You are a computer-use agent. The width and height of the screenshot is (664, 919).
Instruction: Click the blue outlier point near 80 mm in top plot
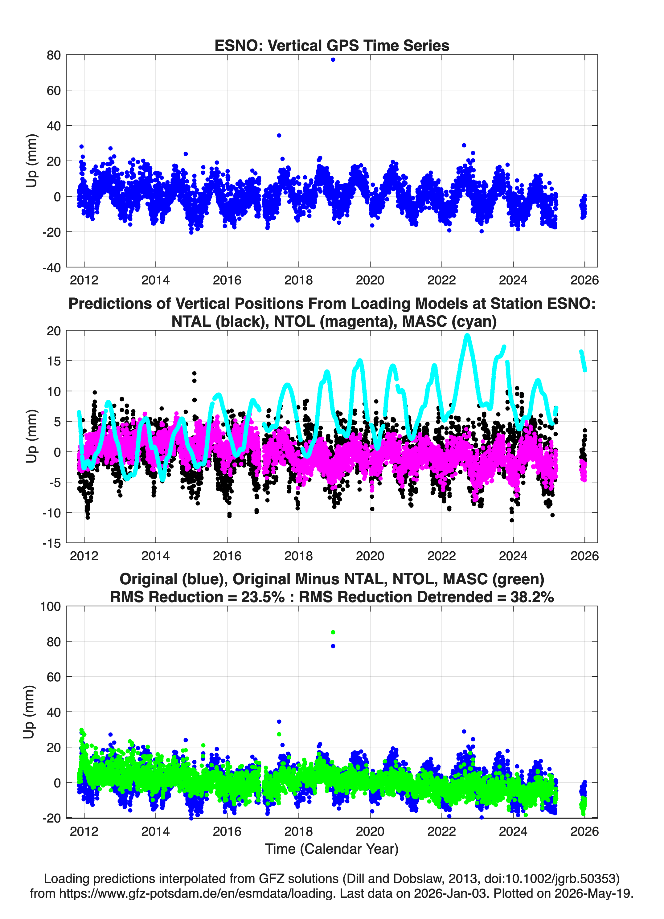(x=333, y=59)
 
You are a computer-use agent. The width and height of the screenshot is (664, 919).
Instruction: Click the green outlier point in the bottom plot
(x=333, y=632)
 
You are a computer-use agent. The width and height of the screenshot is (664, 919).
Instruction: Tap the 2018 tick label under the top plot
(x=298, y=280)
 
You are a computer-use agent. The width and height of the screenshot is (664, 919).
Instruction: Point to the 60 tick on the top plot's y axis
(x=54, y=90)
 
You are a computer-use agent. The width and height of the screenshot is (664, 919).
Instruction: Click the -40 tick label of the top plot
(x=51, y=268)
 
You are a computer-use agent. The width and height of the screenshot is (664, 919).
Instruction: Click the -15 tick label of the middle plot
(x=51, y=543)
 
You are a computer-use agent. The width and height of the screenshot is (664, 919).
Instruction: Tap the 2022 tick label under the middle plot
(x=441, y=556)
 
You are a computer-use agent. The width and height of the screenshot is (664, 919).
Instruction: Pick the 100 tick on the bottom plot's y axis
(x=50, y=607)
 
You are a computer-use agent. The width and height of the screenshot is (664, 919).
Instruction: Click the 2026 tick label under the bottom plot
(x=584, y=831)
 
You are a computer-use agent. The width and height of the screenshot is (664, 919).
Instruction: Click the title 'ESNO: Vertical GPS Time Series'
(x=332, y=45)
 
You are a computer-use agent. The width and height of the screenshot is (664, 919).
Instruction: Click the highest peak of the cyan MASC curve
(x=467, y=336)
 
